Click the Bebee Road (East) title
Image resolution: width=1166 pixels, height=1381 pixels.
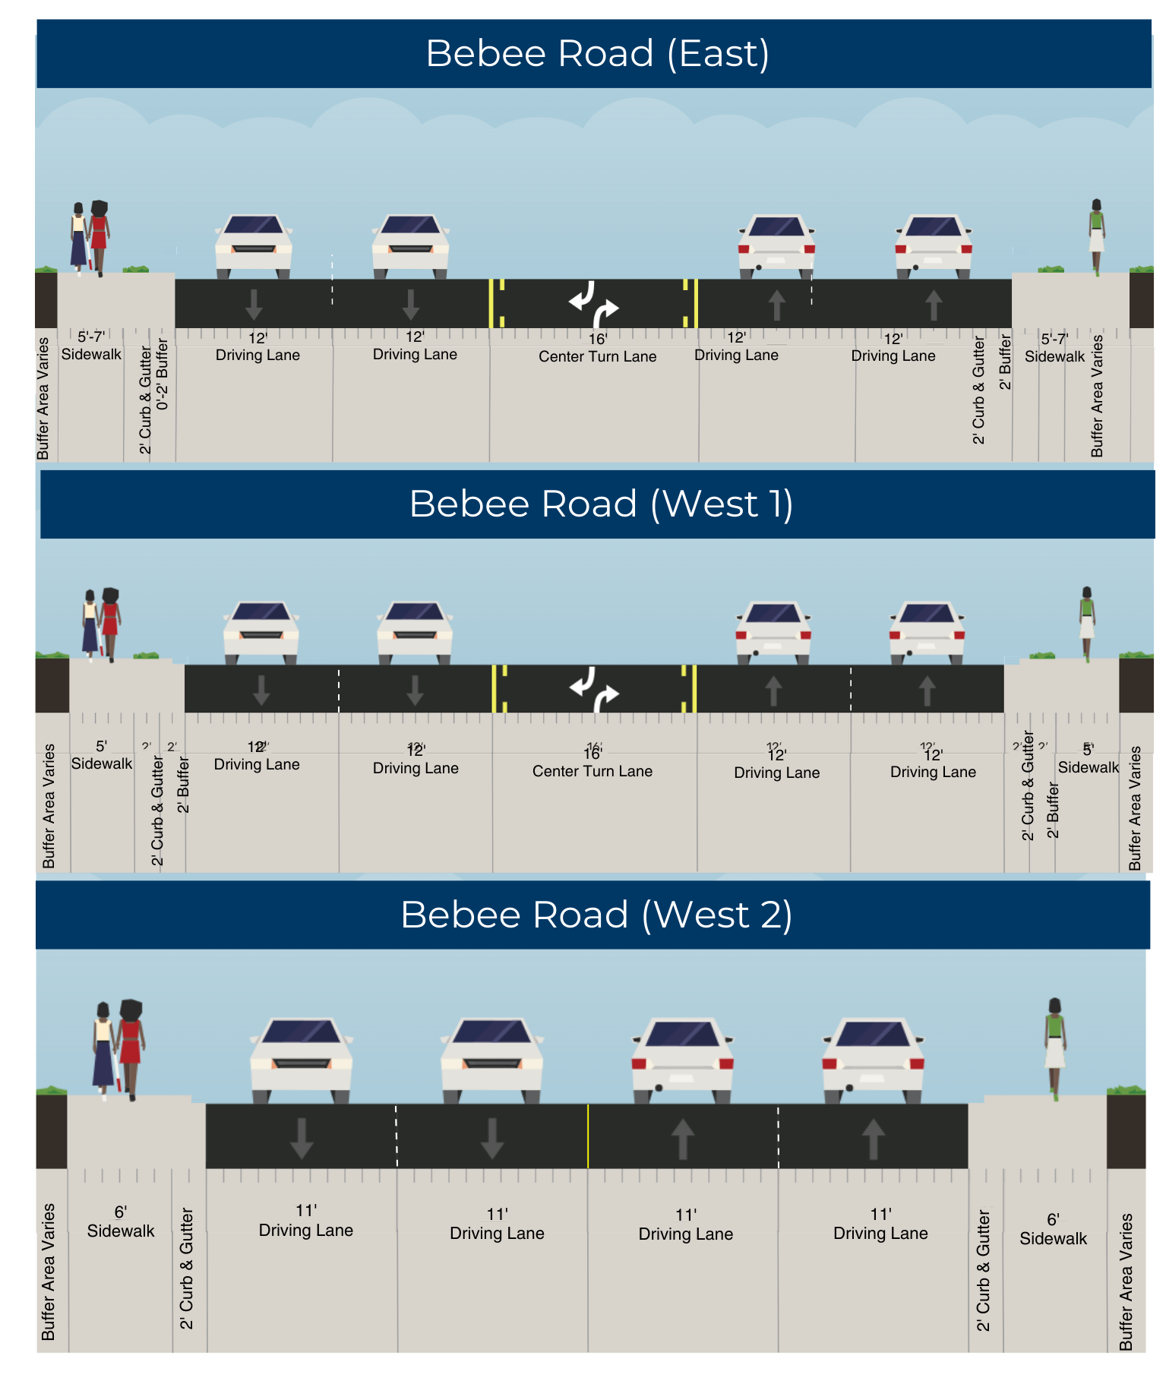coord(597,54)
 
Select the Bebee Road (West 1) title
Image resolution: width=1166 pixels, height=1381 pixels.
coord(601,504)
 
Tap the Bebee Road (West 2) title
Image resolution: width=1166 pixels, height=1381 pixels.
coord(596,915)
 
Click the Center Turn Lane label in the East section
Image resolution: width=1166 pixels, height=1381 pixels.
coord(597,356)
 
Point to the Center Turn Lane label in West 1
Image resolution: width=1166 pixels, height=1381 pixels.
coord(592,771)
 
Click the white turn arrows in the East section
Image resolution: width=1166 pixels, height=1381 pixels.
coord(594,303)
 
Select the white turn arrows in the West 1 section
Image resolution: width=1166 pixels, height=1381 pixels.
coord(594,688)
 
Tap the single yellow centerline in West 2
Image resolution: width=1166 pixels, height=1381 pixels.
coord(588,1136)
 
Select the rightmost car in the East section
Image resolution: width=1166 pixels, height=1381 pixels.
coord(934,245)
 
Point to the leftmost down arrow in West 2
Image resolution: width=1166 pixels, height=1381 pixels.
coord(302,1137)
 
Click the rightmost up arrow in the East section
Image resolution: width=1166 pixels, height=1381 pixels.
coord(934,305)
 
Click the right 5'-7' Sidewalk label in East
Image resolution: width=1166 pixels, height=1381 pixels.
coord(1054,348)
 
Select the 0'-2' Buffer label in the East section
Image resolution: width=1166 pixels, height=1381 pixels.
coord(163,374)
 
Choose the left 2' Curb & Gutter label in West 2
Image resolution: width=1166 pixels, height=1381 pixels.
coord(187,1269)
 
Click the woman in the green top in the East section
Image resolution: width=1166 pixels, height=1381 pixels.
coord(1096,235)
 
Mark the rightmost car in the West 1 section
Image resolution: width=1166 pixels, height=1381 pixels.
coord(927,630)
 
